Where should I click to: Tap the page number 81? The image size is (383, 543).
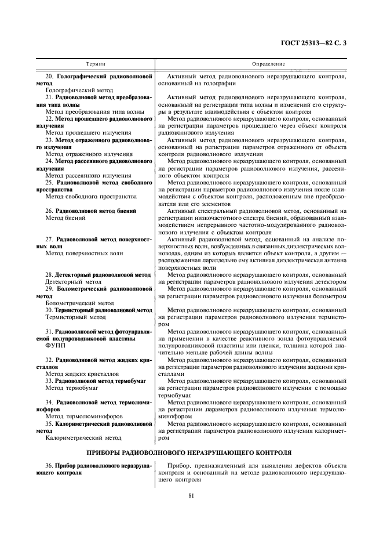pyautogui.click(x=191, y=494)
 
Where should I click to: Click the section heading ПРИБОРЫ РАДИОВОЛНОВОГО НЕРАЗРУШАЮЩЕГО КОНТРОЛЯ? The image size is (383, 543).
pyautogui.click(x=191, y=452)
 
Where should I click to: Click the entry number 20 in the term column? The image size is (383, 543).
pyautogui.click(x=49, y=76)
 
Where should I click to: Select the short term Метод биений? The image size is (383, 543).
pyautogui.click(x=65, y=218)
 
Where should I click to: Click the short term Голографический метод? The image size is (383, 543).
pyautogui.click(x=79, y=91)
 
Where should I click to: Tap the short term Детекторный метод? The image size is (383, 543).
pyautogui.click(x=73, y=281)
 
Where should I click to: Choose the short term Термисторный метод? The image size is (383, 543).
pyautogui.click(x=75, y=317)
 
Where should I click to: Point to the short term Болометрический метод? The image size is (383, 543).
pyautogui.click(x=79, y=302)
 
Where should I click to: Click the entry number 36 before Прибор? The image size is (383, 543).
pyautogui.click(x=49, y=465)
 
